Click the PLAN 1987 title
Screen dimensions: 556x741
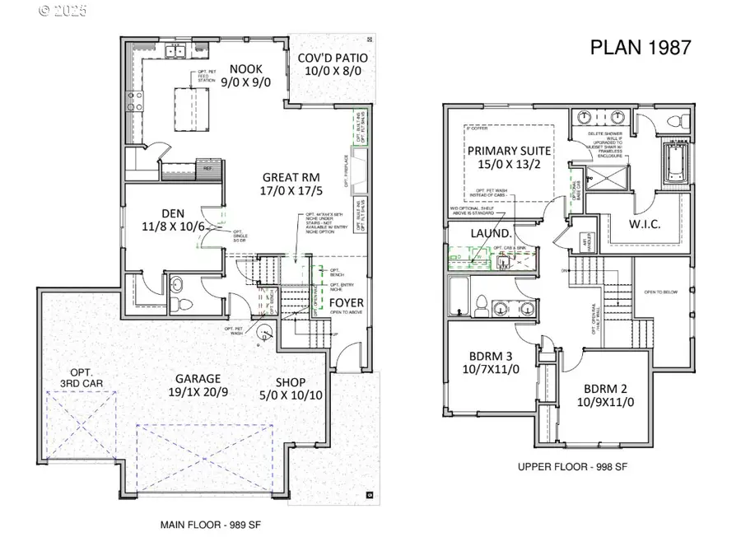pos(641,47)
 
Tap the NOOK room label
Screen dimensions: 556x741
pos(245,69)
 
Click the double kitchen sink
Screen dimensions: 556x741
pos(175,53)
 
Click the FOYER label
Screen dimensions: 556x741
pos(346,302)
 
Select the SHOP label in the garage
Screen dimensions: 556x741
pos(291,382)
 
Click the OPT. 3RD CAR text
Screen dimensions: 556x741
pos(80,380)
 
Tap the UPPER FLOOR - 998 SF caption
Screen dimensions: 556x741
pos(572,467)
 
